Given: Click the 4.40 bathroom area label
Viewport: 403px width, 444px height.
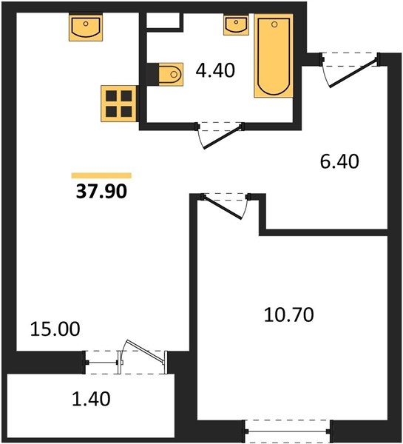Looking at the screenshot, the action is pos(215,70).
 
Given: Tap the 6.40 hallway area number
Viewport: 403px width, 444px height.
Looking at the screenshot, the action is pos(339,161).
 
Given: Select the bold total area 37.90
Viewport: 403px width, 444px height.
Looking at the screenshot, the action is pos(101,191).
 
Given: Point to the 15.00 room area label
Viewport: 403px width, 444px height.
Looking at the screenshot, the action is pos(55,329).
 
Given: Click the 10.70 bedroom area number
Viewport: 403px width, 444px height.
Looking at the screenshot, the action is pos(288,314).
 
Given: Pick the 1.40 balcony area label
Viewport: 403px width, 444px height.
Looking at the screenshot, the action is pos(91,399).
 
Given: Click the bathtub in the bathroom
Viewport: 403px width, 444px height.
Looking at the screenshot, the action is pos(274,55).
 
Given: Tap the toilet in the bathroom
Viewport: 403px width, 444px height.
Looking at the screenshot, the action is pos(171,74).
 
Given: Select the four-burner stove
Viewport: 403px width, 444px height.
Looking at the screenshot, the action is pos(119,104).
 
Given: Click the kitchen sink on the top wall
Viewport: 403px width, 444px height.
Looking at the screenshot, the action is pos(86,27).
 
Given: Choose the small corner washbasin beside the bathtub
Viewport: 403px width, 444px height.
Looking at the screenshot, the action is pos(236,25).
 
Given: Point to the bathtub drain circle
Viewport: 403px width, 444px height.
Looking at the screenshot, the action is pos(274,24).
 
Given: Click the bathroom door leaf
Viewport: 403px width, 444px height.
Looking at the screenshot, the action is pos(223,137).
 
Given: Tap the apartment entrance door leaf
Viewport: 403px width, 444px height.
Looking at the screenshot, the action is pos(353,73).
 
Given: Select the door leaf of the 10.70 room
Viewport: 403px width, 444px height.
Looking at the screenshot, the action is pos(223,207).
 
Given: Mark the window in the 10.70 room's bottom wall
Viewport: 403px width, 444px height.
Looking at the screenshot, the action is pos(287,431).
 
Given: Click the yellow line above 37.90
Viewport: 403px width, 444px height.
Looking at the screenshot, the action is pos(101,175).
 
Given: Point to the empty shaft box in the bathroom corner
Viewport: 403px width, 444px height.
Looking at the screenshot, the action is pos(163,20).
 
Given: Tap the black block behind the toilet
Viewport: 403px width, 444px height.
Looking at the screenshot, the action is pos(153,74).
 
